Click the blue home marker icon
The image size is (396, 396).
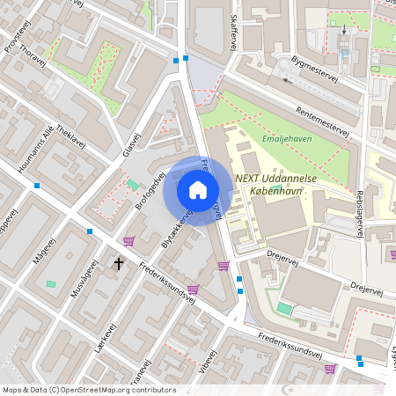tap(198, 190)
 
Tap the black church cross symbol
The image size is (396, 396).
tap(119, 263)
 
